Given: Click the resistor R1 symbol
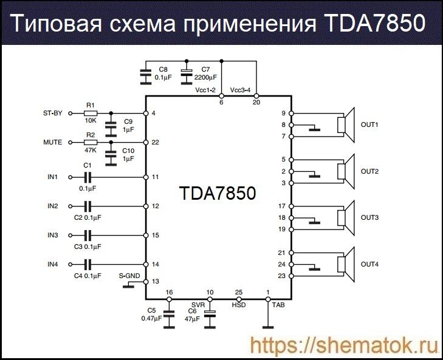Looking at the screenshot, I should [91, 114].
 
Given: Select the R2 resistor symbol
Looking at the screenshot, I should [91, 142].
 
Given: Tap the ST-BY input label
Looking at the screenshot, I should [53, 114].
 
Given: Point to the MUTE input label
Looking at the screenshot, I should [53, 142].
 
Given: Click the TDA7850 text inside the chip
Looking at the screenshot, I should [217, 193].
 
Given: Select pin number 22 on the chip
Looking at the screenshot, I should [156, 142].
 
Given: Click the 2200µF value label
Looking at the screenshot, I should [205, 78].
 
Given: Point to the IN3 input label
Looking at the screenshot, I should [53, 235].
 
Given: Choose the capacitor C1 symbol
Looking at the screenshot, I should [88, 177].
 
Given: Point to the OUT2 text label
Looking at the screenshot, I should [369, 172].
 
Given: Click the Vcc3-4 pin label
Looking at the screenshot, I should [241, 90].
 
